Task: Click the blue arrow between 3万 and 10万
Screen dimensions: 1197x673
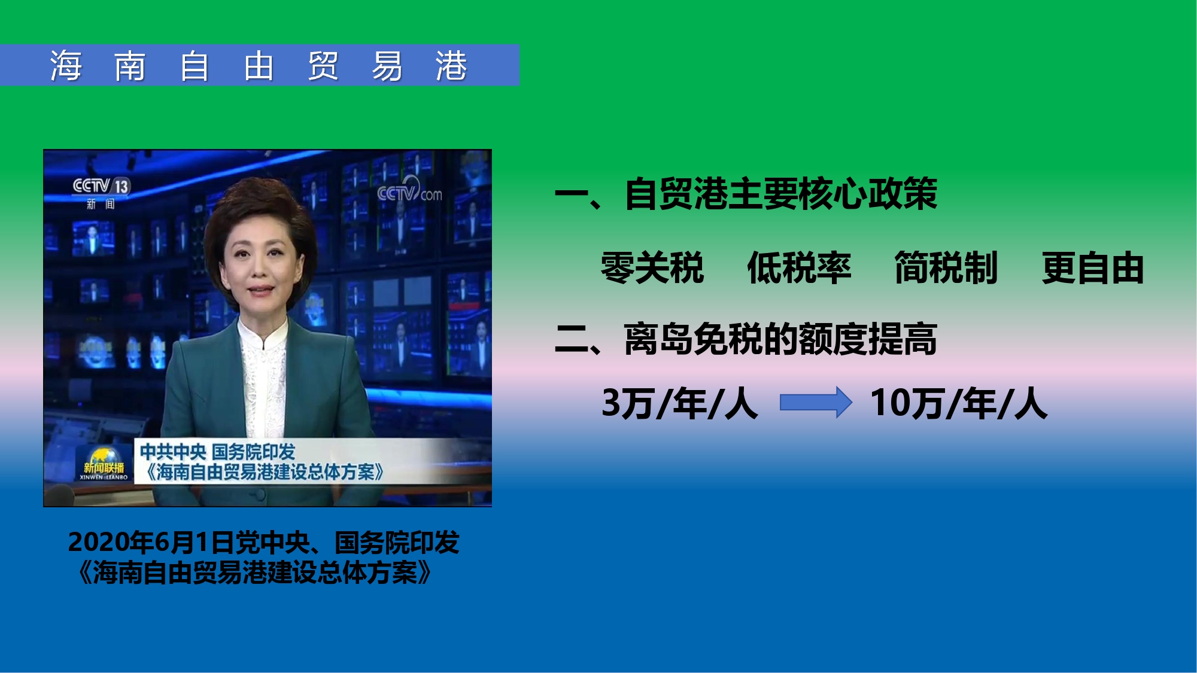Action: [x=816, y=402]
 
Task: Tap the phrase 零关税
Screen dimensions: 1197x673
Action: [x=652, y=267]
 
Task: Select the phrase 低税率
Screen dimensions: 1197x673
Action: [x=799, y=267]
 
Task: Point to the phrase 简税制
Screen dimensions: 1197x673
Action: [x=946, y=267]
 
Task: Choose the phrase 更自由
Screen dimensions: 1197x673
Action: [x=1093, y=267]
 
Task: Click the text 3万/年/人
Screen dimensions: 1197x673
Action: [x=680, y=403]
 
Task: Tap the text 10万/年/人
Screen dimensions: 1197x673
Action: [x=959, y=403]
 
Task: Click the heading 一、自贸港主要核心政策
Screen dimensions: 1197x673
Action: [x=746, y=194]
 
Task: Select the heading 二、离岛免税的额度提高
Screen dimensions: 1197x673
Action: [x=746, y=339]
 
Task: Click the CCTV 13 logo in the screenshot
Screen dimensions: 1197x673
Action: [x=101, y=186]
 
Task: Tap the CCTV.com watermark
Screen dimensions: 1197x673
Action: [x=409, y=191]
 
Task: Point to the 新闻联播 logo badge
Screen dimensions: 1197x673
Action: [x=104, y=464]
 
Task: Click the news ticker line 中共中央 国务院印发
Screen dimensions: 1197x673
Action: [x=217, y=452]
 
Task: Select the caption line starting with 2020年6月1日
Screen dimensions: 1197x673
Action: [x=264, y=542]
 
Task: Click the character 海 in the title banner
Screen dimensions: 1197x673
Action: [x=66, y=65]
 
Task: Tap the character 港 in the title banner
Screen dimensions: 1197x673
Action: [x=451, y=65]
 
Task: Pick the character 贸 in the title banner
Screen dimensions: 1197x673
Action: [x=323, y=65]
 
